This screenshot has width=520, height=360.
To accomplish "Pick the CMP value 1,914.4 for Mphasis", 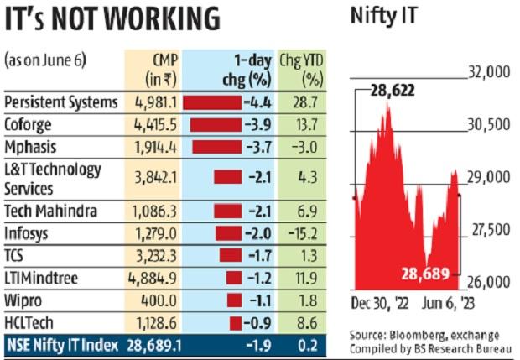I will (x=154, y=145).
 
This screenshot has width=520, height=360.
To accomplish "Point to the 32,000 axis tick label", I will (x=487, y=75).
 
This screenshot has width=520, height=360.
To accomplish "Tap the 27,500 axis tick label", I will (x=487, y=229).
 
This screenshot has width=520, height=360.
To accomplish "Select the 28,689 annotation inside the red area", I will (x=428, y=273).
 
